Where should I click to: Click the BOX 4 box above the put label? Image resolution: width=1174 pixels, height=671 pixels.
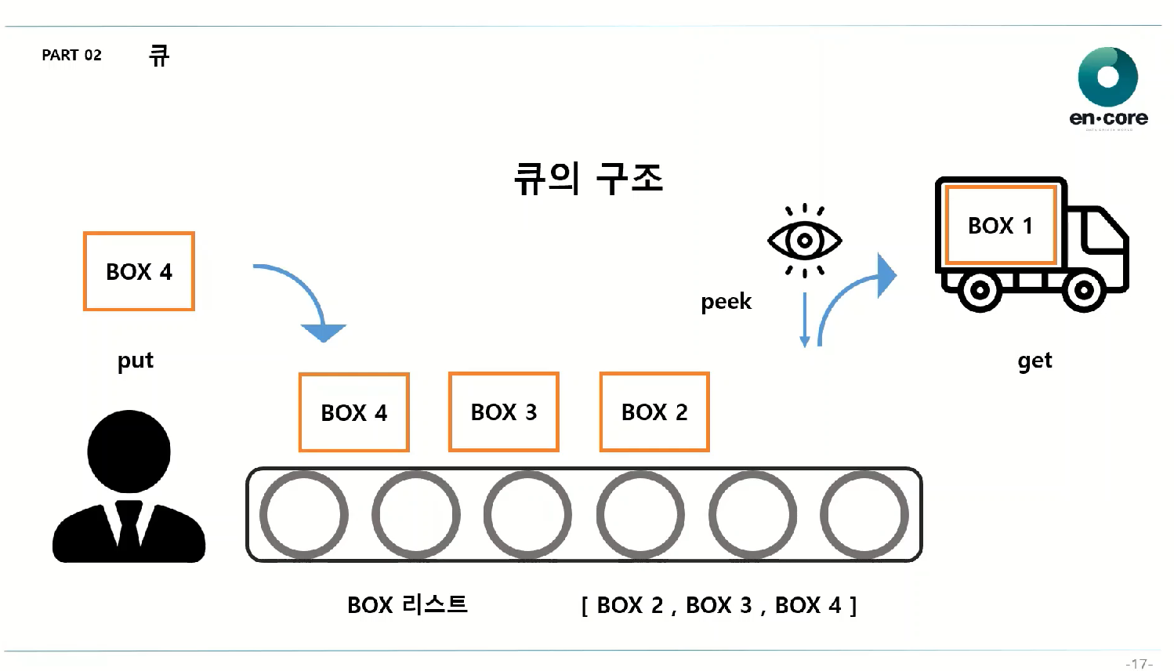[139, 271]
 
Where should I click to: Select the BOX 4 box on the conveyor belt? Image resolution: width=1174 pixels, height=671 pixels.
[354, 412]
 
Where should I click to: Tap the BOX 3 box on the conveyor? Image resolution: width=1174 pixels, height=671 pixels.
[504, 412]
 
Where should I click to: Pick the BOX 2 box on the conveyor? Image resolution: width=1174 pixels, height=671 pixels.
[654, 412]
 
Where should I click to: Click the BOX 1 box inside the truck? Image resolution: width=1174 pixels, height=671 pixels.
[1001, 226]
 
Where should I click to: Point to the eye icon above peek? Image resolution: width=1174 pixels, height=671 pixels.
[804, 240]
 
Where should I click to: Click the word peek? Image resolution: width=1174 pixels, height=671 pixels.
[726, 302]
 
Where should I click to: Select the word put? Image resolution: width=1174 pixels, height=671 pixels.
[135, 361]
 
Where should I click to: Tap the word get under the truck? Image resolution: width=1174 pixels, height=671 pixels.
[1034, 361]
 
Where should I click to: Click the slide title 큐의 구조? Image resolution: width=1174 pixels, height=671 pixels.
[589, 179]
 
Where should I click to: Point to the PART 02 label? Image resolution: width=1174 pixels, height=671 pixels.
[71, 55]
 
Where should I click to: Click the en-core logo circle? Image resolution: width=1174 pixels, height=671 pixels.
[1107, 77]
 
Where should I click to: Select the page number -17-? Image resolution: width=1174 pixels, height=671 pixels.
[1139, 663]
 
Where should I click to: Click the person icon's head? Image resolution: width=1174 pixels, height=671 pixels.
[129, 452]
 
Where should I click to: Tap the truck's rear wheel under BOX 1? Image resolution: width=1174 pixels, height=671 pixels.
[980, 290]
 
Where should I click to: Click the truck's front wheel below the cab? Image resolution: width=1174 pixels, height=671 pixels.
[1084, 290]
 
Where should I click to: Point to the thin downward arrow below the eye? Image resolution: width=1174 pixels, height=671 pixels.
[804, 320]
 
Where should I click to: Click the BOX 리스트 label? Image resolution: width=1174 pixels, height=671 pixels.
[408, 604]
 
